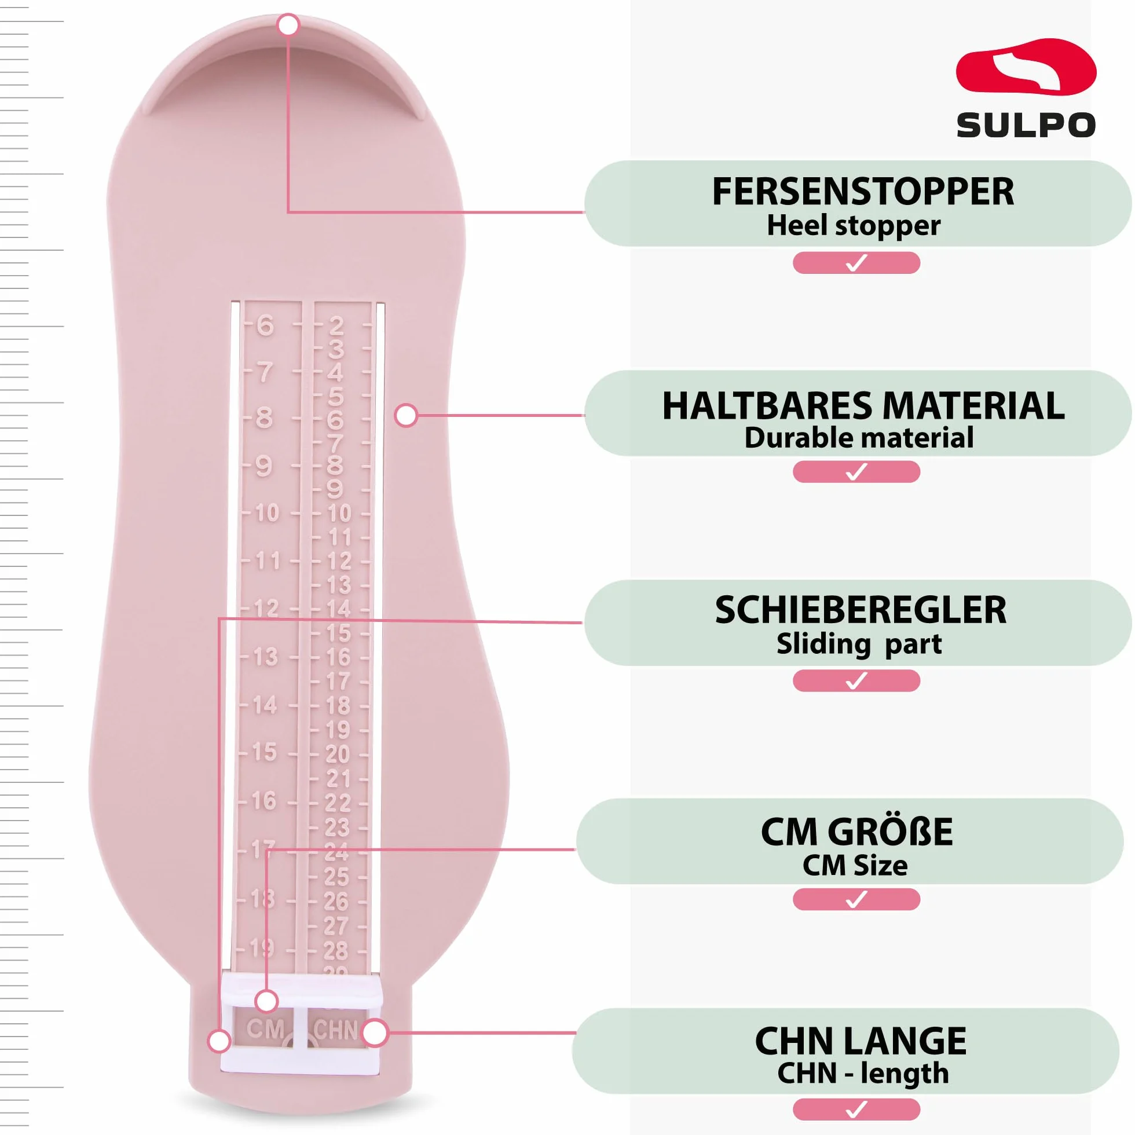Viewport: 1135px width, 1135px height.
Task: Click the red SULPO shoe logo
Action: [1026, 67]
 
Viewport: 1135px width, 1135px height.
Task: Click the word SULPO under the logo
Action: [1026, 125]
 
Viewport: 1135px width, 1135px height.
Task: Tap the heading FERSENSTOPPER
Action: [863, 192]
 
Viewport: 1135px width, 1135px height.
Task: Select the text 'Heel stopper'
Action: [854, 226]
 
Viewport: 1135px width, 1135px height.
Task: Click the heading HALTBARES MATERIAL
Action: [863, 406]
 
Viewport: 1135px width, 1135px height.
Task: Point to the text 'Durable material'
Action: [859, 438]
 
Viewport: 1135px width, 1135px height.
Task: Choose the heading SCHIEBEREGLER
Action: [861, 610]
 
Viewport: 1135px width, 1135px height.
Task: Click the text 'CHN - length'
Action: [863, 1073]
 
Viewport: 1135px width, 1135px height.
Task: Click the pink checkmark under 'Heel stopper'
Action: [856, 262]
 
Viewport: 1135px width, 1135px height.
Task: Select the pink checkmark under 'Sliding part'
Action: [856, 681]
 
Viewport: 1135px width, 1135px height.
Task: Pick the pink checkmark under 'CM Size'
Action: [856, 899]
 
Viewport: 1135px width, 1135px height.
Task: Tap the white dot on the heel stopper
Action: [288, 25]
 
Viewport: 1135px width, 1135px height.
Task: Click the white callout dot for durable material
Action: [406, 415]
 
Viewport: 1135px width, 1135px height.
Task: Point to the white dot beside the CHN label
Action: [375, 1033]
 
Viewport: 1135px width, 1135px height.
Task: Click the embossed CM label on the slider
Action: [266, 1029]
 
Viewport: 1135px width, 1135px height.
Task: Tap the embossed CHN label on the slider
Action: [335, 1030]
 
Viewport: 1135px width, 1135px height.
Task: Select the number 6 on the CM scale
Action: [266, 325]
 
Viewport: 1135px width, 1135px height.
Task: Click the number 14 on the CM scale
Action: [265, 704]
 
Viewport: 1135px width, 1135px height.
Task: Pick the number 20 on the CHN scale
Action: [338, 754]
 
